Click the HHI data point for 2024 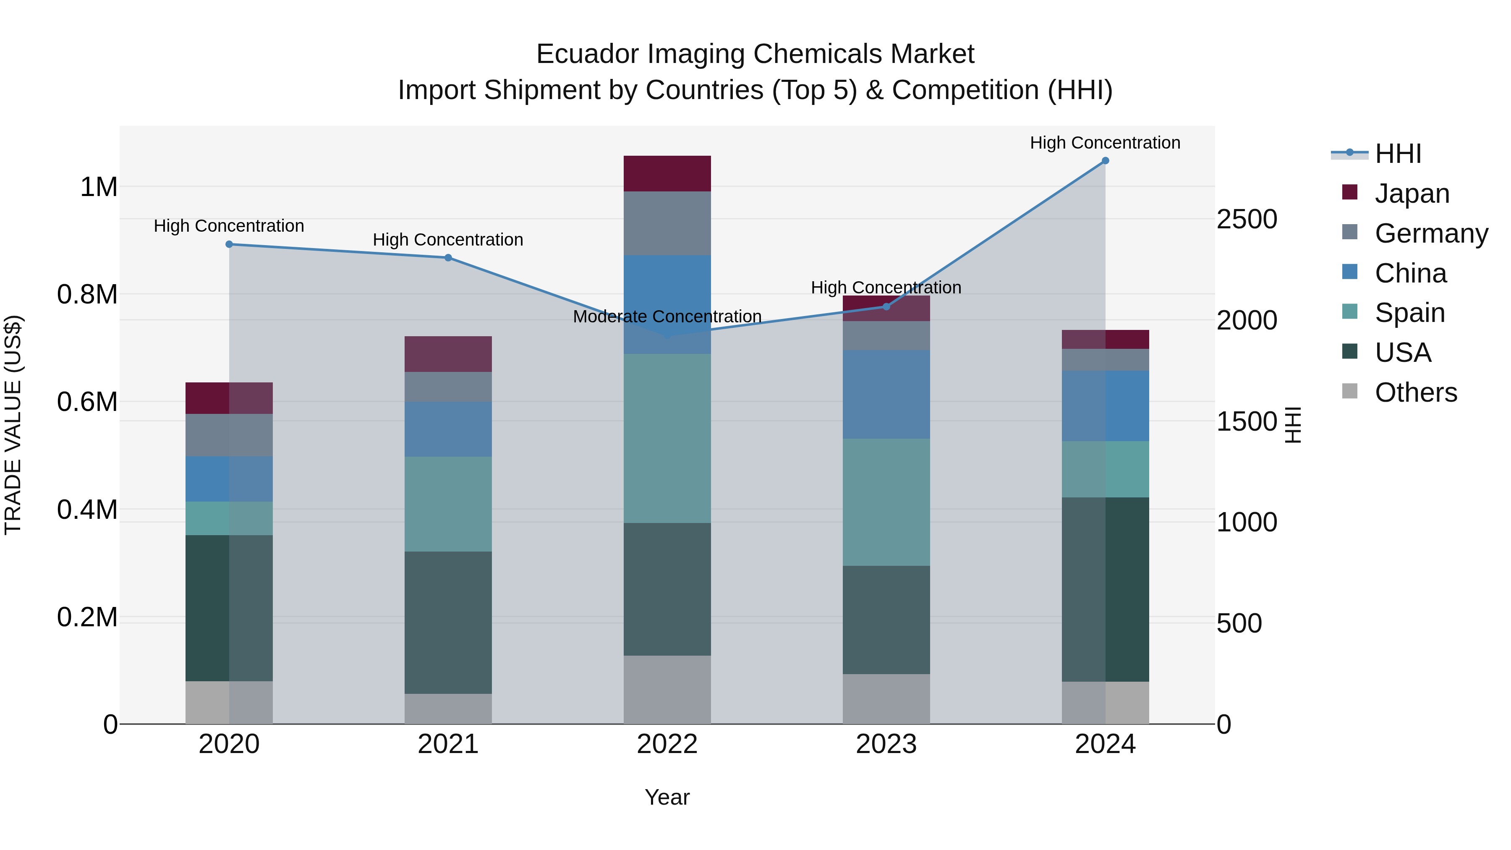pyautogui.click(x=1105, y=161)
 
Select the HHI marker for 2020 pyautogui.click(x=229, y=244)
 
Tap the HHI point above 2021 pyautogui.click(x=448, y=258)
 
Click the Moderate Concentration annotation pyautogui.click(x=667, y=317)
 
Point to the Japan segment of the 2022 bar pyautogui.click(x=667, y=174)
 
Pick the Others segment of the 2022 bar pyautogui.click(x=667, y=689)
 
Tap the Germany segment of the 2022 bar pyautogui.click(x=667, y=223)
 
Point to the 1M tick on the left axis pyautogui.click(x=99, y=187)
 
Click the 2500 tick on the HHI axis pyautogui.click(x=1247, y=220)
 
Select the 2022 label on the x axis pyautogui.click(x=667, y=744)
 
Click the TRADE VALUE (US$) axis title pyautogui.click(x=13, y=425)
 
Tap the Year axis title pyautogui.click(x=667, y=797)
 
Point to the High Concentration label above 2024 pyautogui.click(x=1105, y=143)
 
